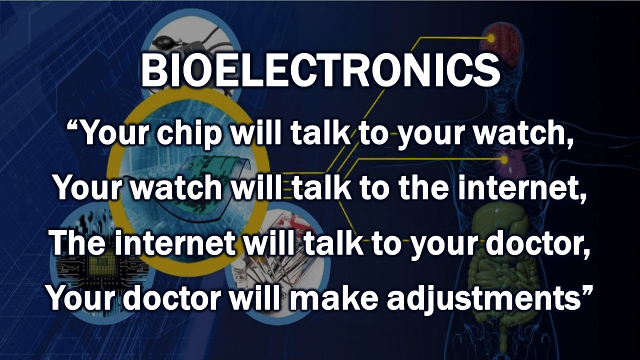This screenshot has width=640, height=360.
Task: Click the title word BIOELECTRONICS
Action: [320, 70]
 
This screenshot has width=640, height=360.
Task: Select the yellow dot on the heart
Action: [504, 159]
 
